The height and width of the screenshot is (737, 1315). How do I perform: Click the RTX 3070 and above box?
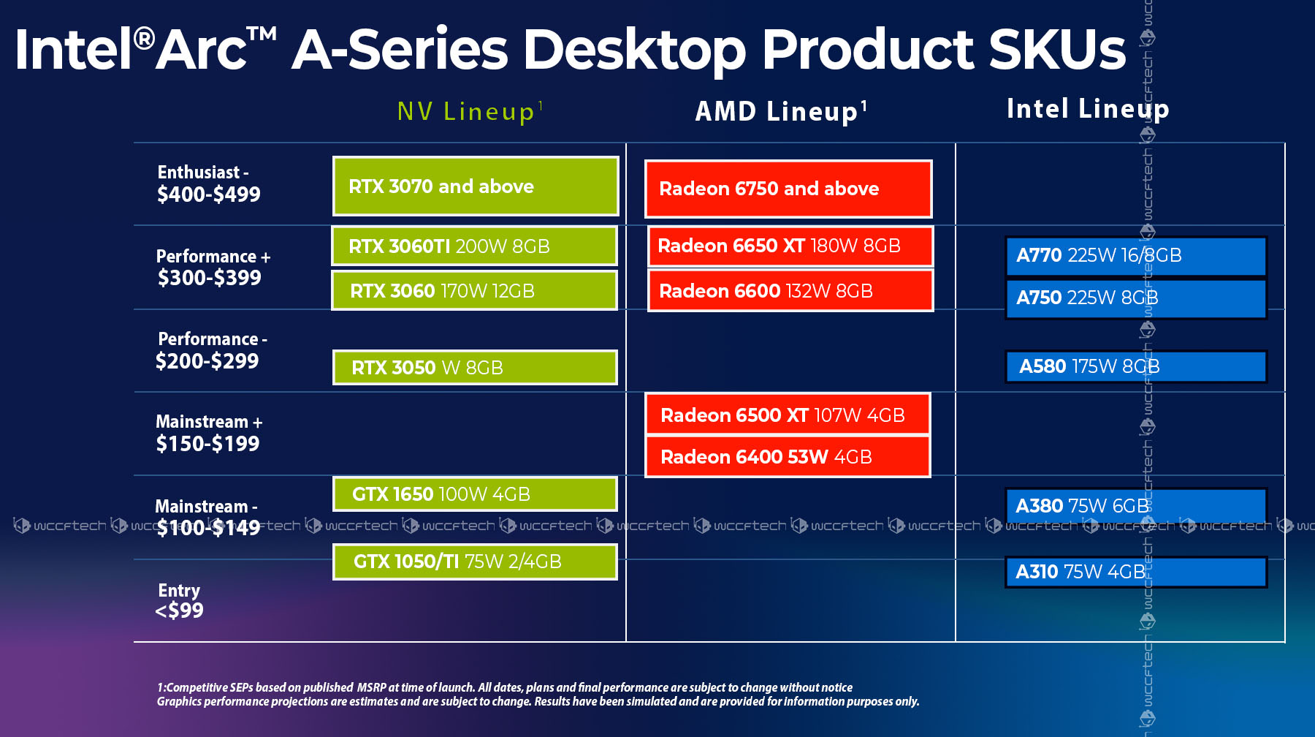tap(476, 186)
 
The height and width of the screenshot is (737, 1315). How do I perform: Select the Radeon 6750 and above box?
tap(788, 189)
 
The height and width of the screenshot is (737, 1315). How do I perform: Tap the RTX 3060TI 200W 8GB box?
tap(475, 246)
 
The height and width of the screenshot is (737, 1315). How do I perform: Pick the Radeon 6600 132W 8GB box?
tap(790, 291)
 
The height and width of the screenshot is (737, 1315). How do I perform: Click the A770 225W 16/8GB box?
tap(1135, 256)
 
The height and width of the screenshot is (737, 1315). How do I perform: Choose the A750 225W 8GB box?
tap(1135, 298)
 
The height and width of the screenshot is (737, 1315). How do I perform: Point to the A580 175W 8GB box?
tap(1135, 366)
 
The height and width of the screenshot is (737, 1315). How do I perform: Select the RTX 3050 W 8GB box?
tap(475, 367)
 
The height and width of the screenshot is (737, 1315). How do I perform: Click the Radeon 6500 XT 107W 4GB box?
tap(788, 415)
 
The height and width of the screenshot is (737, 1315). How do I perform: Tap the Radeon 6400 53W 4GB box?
tap(788, 457)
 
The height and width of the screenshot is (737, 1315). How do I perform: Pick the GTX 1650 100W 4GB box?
tap(475, 494)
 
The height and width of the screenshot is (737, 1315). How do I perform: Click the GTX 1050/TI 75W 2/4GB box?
tap(475, 562)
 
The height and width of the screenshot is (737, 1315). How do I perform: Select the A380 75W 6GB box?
tap(1135, 505)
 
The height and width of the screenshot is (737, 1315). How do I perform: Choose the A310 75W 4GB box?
tap(1135, 572)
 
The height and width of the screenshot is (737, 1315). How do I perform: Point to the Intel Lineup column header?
tap(1088, 109)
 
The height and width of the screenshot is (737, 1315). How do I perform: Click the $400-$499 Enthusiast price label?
tap(209, 194)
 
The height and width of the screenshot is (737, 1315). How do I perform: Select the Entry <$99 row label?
tap(180, 601)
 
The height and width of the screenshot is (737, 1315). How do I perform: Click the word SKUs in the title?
tap(1057, 50)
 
